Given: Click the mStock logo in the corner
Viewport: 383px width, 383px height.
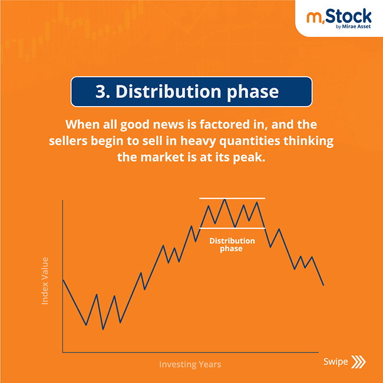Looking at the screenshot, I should pos(339,17).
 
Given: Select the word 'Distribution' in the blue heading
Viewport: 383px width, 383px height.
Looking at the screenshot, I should pos(167,92).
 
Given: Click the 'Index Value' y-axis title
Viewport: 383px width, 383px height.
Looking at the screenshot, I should pos(45,280).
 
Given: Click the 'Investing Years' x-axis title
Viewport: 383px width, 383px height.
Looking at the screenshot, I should pos(190,364).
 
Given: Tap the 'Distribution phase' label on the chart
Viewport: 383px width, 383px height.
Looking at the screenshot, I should pos(232,245).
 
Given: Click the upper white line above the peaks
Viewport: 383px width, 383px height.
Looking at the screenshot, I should pos(232,198).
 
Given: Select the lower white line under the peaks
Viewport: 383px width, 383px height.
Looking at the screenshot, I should pos(232,227).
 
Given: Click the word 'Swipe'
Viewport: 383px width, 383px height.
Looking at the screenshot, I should pos(335,361).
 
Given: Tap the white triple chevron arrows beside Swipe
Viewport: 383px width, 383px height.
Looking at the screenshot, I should pos(358,362).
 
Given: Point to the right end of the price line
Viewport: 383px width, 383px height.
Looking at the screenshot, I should pos(323,285).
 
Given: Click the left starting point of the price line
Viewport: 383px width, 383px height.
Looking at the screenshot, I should pos(63,279).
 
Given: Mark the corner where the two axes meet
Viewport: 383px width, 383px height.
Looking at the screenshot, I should pos(62,352).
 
